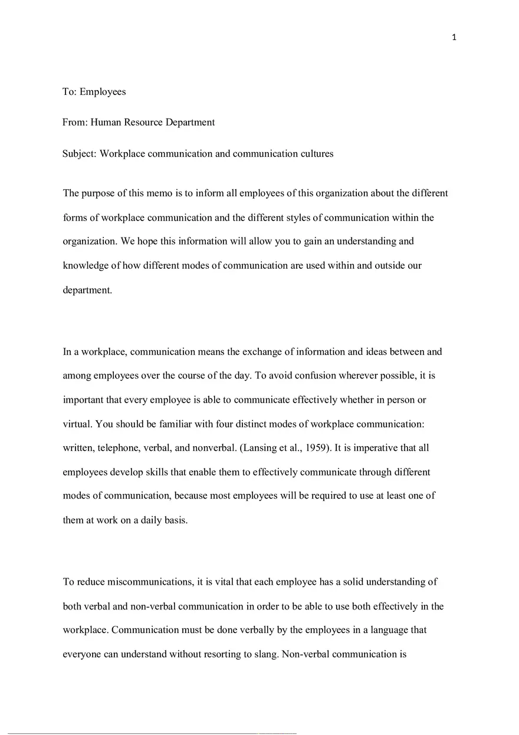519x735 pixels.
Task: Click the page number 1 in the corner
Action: [454, 38]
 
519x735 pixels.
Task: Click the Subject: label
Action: [80, 154]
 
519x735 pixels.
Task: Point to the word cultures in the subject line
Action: [316, 154]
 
